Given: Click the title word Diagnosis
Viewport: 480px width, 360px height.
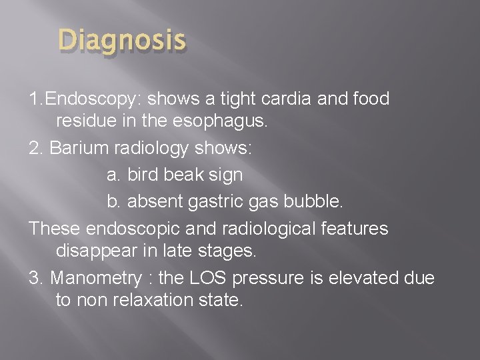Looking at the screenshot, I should pos(121,41).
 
